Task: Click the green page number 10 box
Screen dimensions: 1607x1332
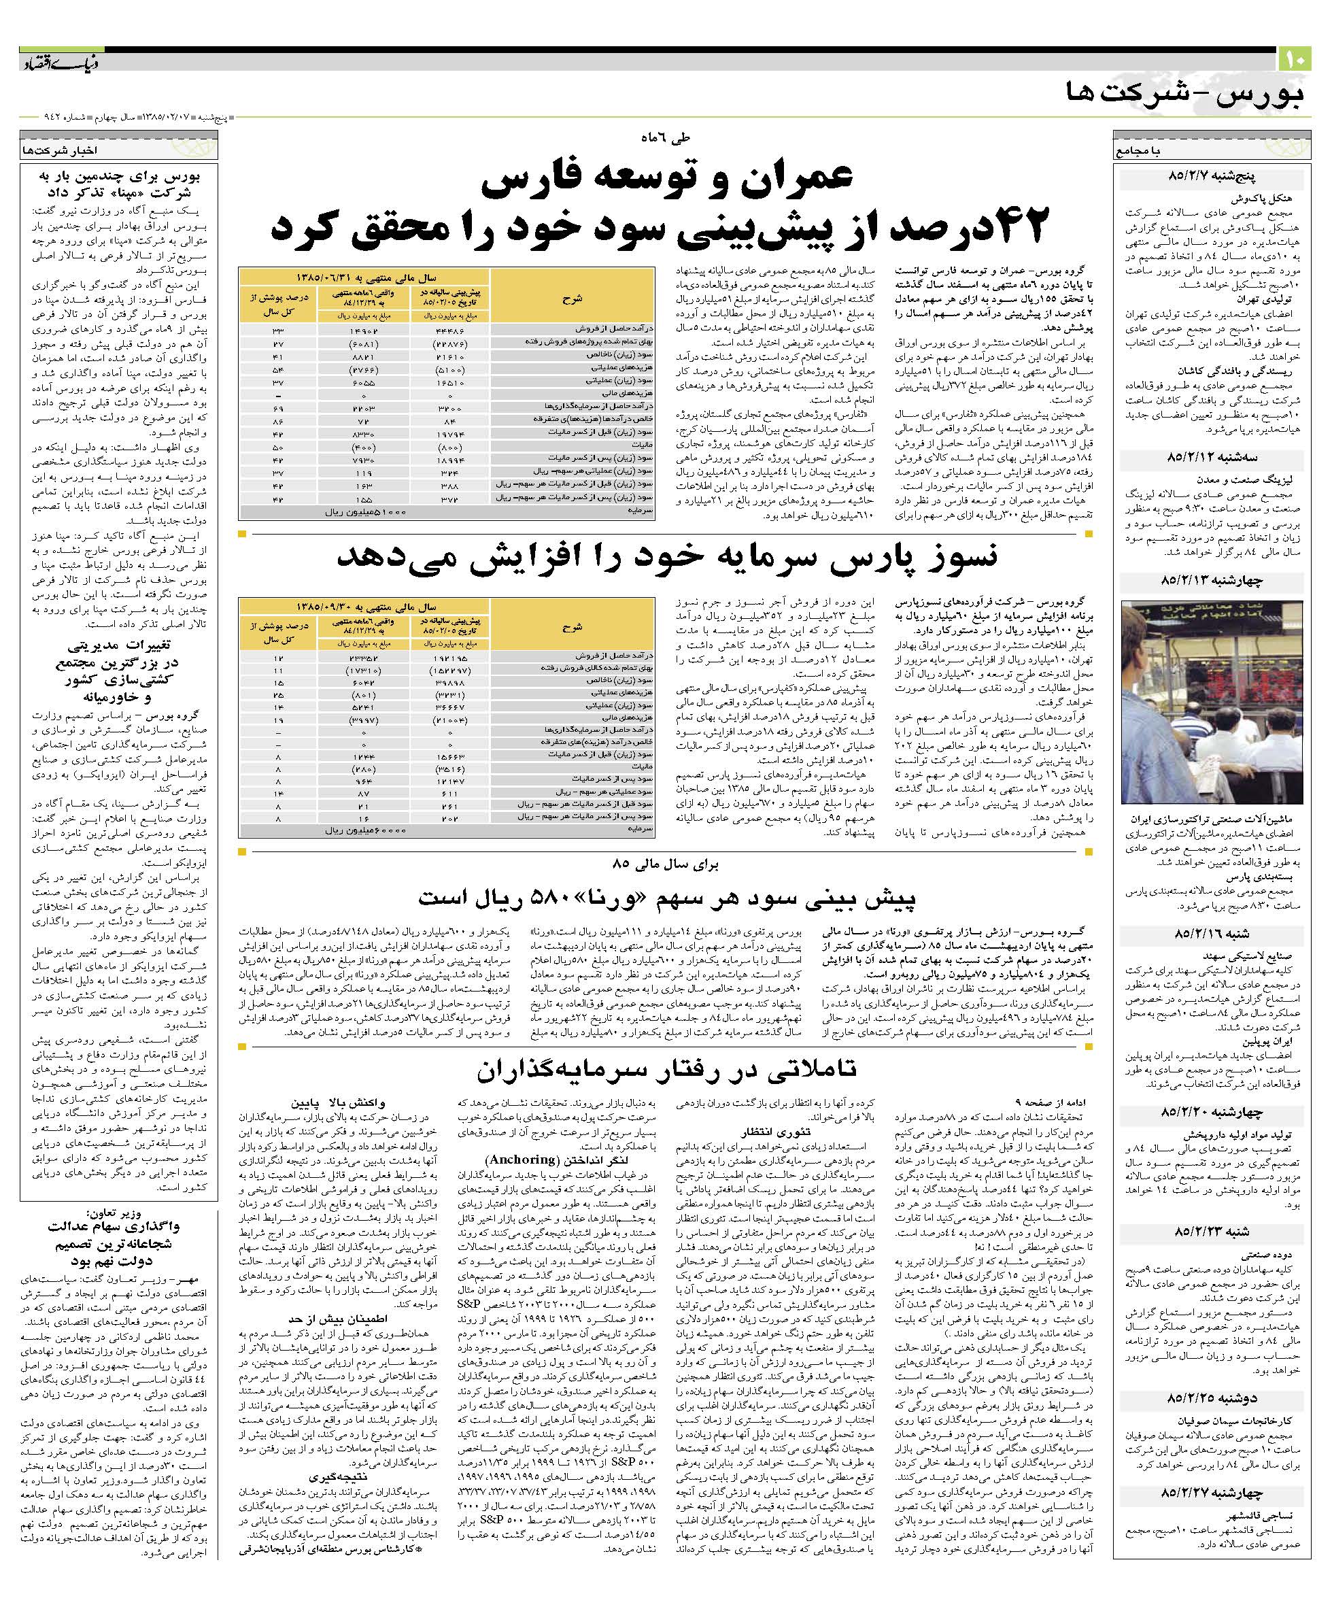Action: tap(1295, 58)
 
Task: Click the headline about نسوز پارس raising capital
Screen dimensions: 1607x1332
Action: tap(667, 557)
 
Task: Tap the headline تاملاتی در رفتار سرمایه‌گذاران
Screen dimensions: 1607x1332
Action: tap(666, 1069)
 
